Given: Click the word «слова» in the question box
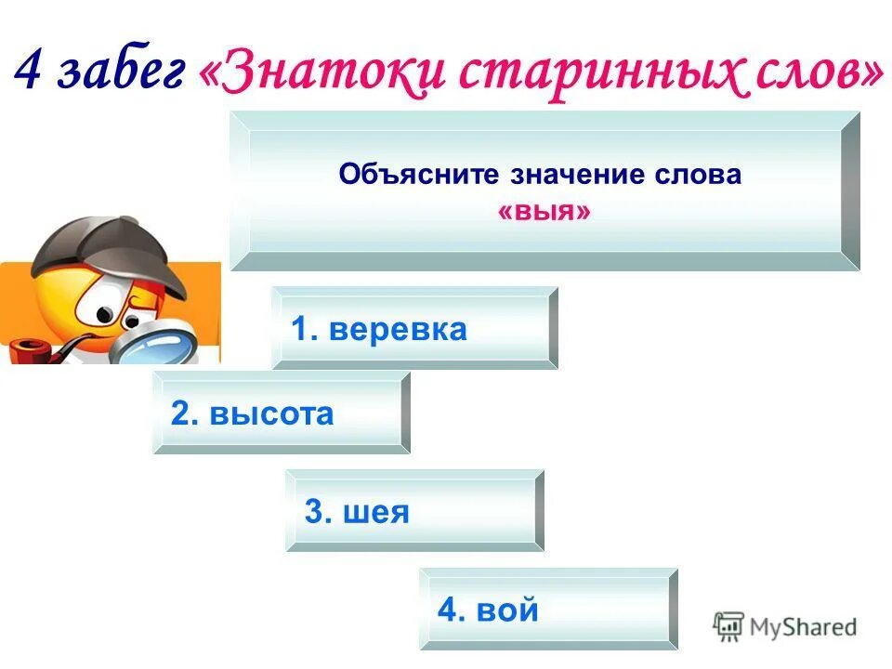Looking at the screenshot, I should tap(702, 176).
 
